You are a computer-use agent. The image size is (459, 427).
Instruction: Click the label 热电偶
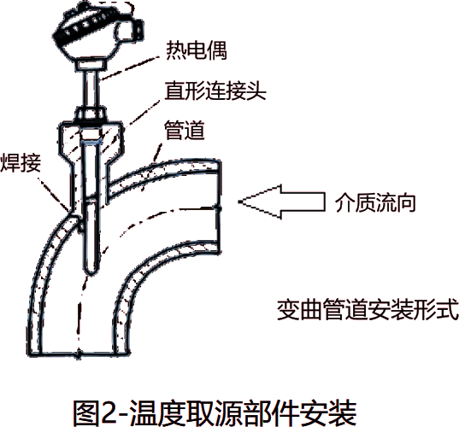[x=197, y=50]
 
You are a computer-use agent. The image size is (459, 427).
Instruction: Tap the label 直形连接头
[x=215, y=91]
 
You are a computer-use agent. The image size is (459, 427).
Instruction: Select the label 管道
[x=185, y=130]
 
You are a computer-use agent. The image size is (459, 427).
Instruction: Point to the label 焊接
[x=21, y=162]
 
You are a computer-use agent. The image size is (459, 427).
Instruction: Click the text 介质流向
[x=375, y=202]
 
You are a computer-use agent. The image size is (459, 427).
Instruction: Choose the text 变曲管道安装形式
[x=368, y=309]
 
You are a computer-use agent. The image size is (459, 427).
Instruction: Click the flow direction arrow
[x=281, y=202]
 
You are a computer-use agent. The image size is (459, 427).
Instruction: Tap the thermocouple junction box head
[x=98, y=31]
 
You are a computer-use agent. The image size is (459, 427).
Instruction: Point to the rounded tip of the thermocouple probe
[x=91, y=271]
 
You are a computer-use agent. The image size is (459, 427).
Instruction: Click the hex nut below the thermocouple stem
[x=91, y=114]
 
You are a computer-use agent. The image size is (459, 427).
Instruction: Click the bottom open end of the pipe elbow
[x=79, y=354]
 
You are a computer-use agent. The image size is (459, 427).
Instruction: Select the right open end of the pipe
[x=219, y=207]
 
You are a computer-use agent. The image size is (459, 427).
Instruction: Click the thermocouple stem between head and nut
[x=91, y=89]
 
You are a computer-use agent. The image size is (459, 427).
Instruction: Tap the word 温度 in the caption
[x=158, y=413]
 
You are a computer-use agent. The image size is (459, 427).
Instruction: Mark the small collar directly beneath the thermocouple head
[x=91, y=65]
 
